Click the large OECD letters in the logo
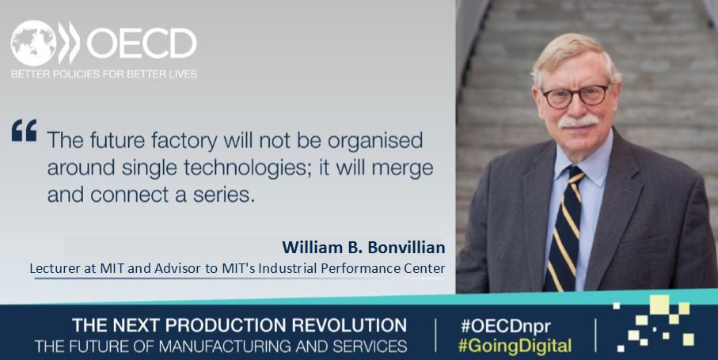pos(141,44)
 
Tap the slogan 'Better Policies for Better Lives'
pos(104,74)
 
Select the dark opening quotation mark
pos(24,131)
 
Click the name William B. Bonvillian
pos(363,248)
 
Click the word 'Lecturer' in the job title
pos(58,268)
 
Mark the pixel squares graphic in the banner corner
pos(657,324)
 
